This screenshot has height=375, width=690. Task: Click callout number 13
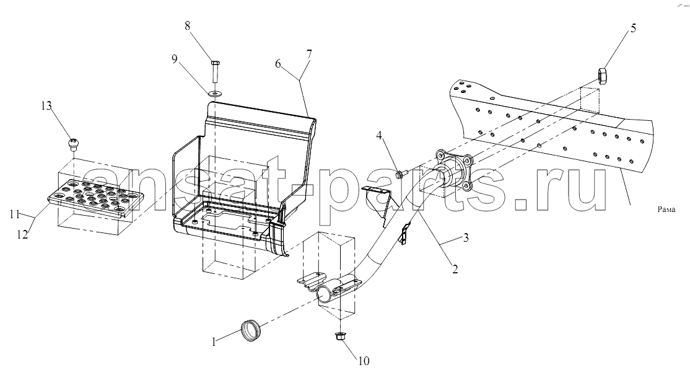point(46,106)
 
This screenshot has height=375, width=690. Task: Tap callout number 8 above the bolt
point(188,25)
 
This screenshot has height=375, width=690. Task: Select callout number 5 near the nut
point(633,29)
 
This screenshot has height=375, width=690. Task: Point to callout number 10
point(364,361)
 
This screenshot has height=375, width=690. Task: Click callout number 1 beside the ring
point(214,342)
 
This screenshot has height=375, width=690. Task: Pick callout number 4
point(379,136)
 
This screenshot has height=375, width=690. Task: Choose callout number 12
point(22,234)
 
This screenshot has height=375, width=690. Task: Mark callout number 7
point(309,55)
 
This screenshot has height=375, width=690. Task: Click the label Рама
point(666,210)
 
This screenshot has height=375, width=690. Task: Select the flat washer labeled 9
point(215,93)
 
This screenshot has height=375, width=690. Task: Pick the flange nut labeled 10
point(339,337)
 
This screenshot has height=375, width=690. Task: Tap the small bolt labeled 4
point(401,174)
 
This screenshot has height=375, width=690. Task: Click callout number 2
point(455,268)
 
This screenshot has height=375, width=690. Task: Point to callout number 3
point(465,238)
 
